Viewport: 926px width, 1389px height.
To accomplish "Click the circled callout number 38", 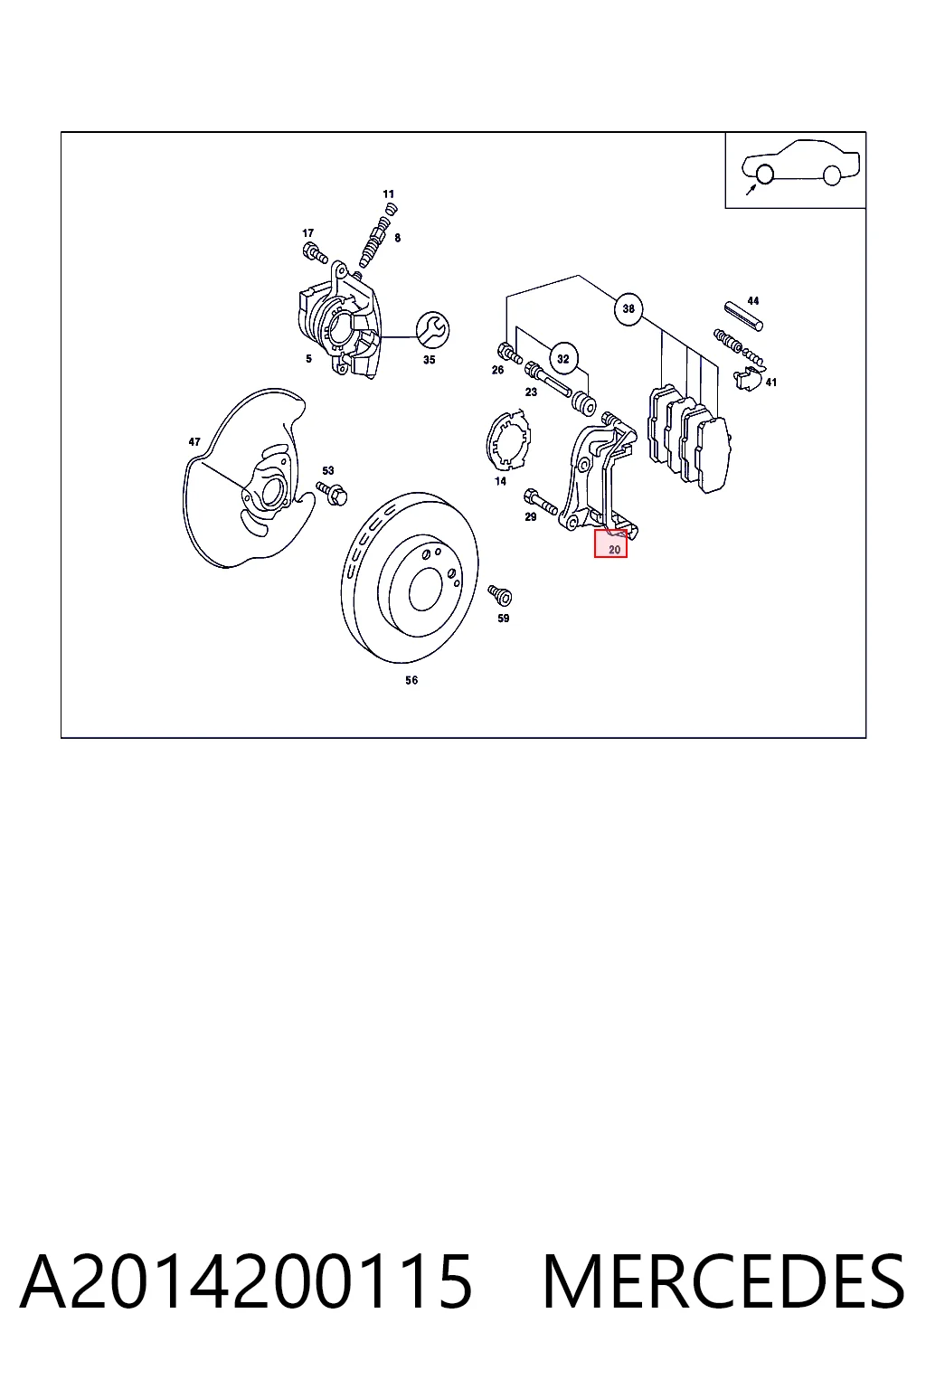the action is click(x=628, y=308).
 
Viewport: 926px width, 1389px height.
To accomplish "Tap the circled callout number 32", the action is click(x=562, y=358).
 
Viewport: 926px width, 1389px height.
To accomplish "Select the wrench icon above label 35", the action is click(x=433, y=329).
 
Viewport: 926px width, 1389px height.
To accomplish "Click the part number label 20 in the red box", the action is click(x=614, y=550).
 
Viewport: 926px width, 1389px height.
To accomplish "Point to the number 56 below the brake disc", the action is click(x=411, y=680).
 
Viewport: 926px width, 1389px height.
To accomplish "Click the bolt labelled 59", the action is click(x=500, y=595).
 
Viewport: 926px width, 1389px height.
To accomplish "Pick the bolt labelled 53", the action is click(x=332, y=493).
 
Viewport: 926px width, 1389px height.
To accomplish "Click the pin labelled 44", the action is click(x=743, y=316).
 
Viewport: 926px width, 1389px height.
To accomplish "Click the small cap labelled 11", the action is click(x=391, y=208).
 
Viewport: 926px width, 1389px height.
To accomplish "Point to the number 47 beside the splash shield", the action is click(x=194, y=441).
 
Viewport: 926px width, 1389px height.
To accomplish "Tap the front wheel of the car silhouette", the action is click(x=765, y=175).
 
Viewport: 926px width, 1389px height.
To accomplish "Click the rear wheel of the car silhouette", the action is click(x=832, y=175).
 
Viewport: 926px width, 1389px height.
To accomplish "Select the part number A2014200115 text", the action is click(x=246, y=1281).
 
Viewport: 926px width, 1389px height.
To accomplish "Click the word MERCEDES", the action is click(x=723, y=1281).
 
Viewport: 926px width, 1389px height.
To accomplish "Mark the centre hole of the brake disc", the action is click(x=426, y=589).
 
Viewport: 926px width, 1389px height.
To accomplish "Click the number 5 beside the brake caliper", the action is click(x=308, y=358).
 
